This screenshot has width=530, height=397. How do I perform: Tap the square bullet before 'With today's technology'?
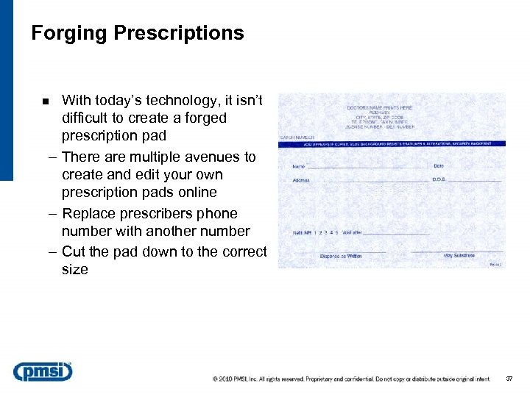(46, 101)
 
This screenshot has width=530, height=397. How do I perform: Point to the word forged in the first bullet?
(203, 118)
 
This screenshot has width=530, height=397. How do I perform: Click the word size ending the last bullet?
(75, 269)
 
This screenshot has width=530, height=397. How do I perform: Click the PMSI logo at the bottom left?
(43, 371)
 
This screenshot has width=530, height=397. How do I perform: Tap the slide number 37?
(509, 379)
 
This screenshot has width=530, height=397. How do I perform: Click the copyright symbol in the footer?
(216, 379)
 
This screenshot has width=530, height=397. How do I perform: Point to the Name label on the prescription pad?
(299, 166)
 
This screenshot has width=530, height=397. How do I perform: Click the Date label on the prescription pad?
(439, 166)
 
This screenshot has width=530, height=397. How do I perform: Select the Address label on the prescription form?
(301, 180)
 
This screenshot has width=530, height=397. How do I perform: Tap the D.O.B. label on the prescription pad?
(439, 179)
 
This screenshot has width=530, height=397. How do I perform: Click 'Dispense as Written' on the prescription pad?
(341, 256)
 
